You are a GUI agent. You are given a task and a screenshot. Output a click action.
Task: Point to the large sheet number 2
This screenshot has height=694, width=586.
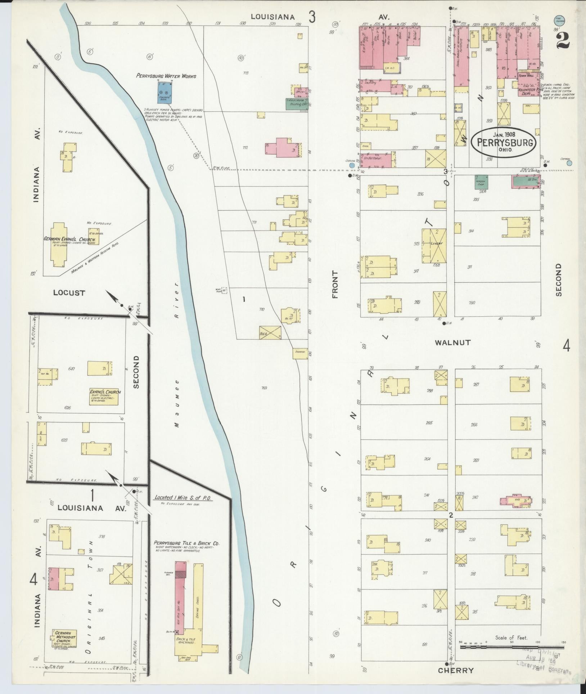coord(563,41)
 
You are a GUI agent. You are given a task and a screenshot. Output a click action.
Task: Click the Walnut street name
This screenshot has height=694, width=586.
coord(452,342)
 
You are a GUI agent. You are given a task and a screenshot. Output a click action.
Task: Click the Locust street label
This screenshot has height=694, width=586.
coord(69,293)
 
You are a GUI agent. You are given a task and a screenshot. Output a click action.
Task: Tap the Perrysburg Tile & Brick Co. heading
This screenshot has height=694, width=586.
coord(186,543)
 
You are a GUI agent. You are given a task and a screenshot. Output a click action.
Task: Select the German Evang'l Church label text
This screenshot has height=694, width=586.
coord(69,239)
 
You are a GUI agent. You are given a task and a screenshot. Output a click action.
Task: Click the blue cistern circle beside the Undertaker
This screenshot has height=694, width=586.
coord(352,165)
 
